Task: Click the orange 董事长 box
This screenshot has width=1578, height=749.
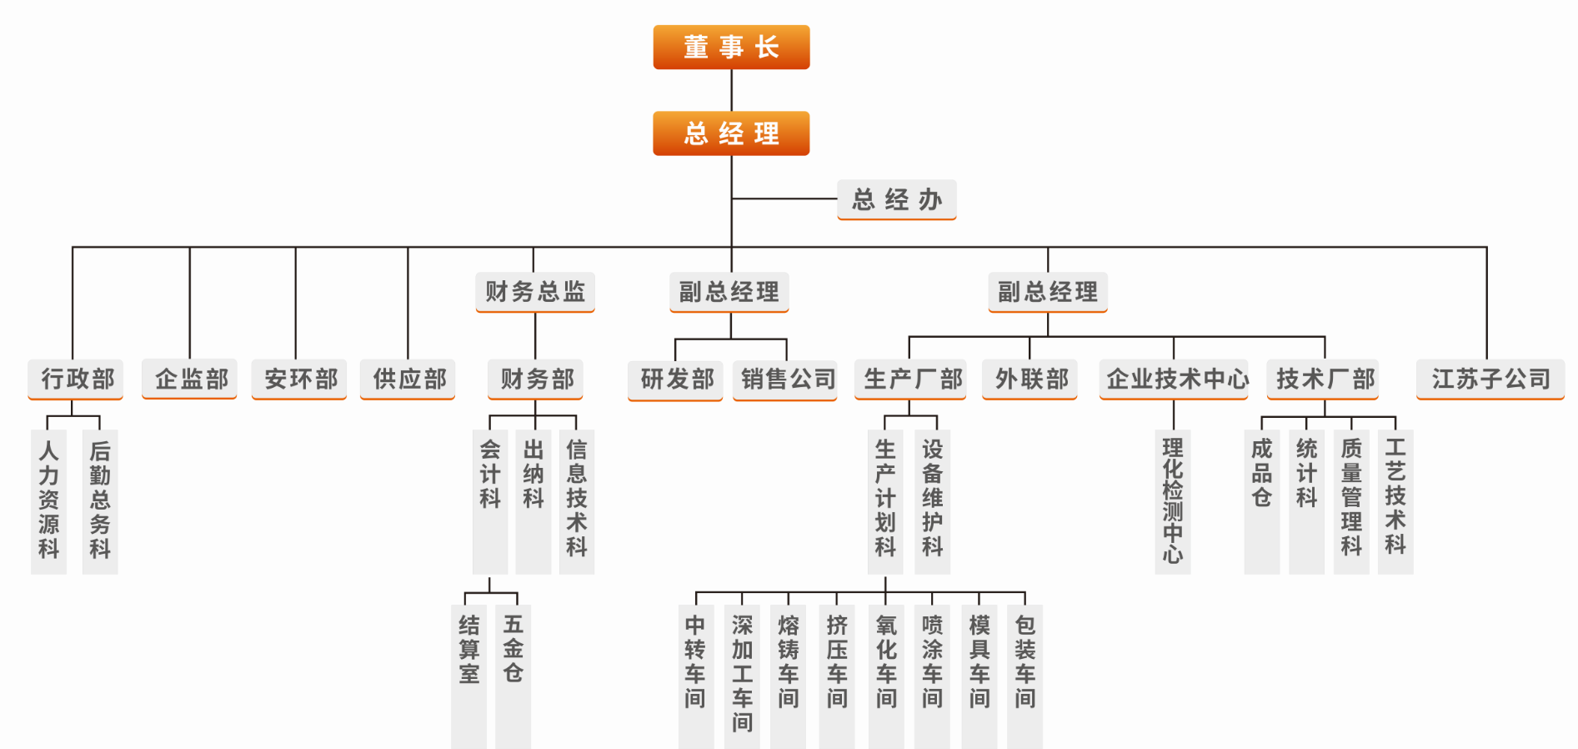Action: coord(731,47)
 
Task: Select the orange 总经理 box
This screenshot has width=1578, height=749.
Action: coord(731,133)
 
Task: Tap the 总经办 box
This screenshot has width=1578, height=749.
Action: coord(896,200)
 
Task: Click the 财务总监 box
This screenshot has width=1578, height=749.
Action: coord(535,292)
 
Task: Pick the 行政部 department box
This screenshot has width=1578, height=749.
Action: coord(76,380)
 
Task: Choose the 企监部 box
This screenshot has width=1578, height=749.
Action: coord(190,380)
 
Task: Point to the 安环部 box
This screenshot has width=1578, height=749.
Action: coord(299,380)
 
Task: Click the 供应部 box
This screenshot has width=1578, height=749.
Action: coord(408,380)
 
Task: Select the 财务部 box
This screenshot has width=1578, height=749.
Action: coord(535,380)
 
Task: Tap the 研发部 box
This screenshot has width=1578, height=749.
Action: coord(675,380)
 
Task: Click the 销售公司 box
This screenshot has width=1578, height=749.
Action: coord(785,380)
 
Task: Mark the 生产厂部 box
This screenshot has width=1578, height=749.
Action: coord(910,380)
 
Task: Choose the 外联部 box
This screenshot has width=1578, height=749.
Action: coord(1029,380)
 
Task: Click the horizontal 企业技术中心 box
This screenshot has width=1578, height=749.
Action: coord(1174,380)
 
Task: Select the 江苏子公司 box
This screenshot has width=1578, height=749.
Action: coord(1490,380)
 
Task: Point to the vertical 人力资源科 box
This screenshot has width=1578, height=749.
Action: coord(48,501)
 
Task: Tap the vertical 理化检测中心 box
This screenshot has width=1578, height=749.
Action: coord(1173,501)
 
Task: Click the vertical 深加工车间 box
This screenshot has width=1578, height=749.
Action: coord(742,676)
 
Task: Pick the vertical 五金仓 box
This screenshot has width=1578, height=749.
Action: coord(513,676)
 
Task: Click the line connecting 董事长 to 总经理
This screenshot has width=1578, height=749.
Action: coord(732,90)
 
